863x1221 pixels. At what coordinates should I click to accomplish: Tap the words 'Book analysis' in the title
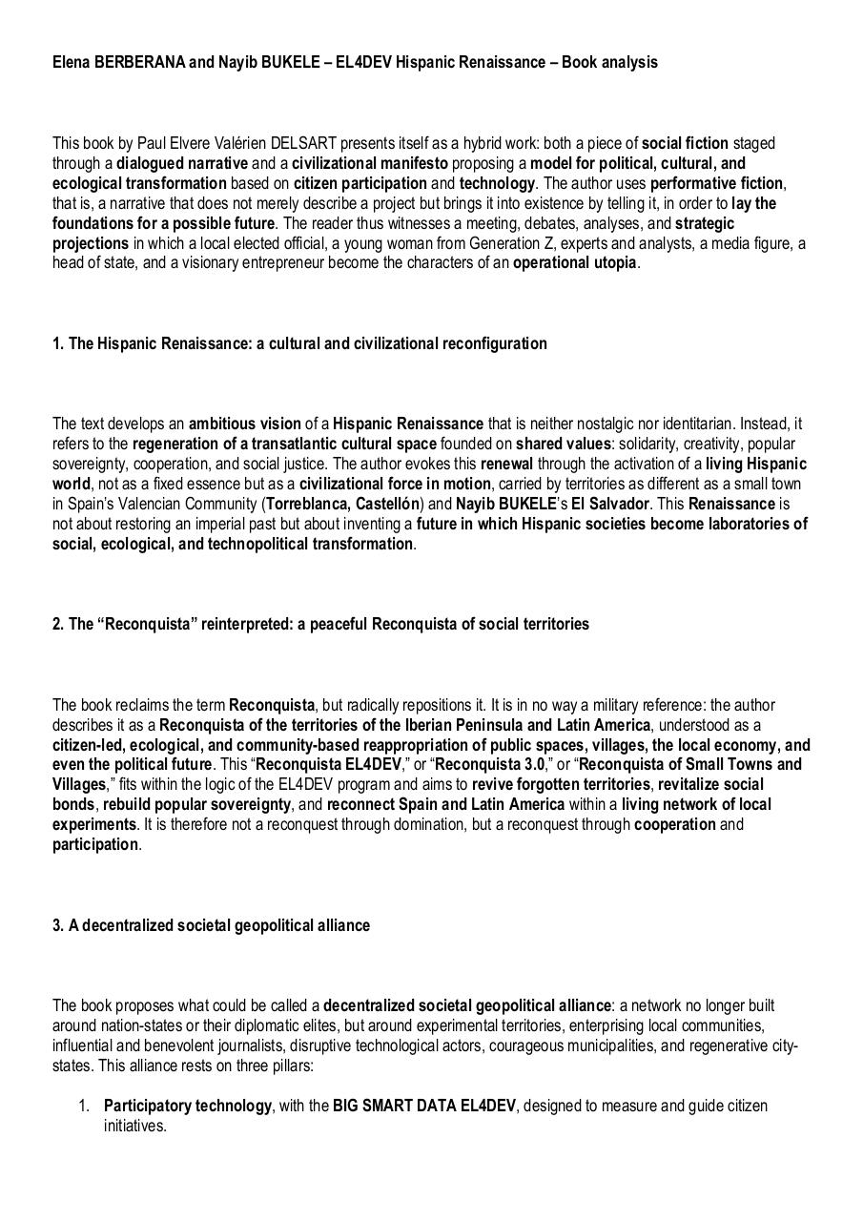click(x=609, y=62)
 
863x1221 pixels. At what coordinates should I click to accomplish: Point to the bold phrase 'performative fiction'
click(x=716, y=183)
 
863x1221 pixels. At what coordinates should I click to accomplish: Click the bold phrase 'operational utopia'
click(x=574, y=263)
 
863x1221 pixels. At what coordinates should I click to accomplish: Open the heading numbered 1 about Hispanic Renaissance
click(x=299, y=343)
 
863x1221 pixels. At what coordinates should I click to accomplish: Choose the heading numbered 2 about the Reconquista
click(x=320, y=624)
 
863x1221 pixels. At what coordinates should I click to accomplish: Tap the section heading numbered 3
click(x=211, y=925)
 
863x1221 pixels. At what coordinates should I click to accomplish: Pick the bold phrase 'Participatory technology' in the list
click(x=187, y=1106)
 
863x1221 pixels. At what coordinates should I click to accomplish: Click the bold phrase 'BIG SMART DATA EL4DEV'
click(x=423, y=1106)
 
